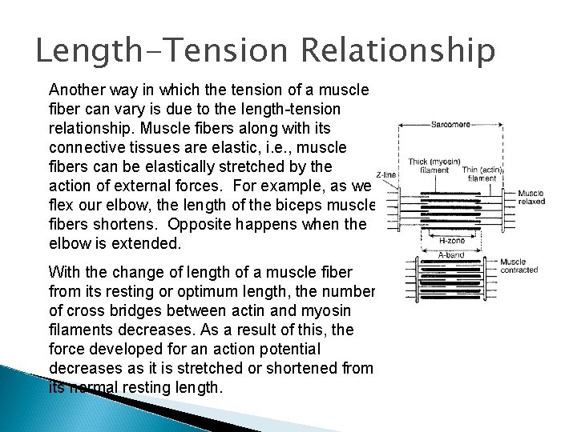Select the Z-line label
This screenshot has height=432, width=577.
tap(385, 174)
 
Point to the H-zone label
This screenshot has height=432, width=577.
tap(451, 239)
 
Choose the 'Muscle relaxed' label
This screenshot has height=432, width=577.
tap(531, 197)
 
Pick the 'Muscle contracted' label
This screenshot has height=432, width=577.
tap(518, 266)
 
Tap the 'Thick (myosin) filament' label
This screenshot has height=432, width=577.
tap(434, 166)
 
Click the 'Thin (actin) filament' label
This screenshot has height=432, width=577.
tap(482, 174)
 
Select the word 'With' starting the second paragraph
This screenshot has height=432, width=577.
tap(64, 272)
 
